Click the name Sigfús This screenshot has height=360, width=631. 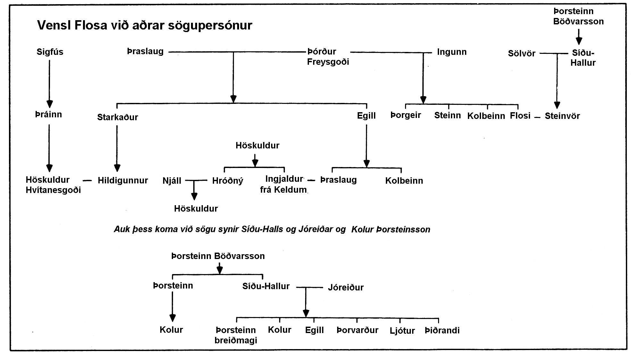(x=50, y=52)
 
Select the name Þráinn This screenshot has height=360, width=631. (x=48, y=114)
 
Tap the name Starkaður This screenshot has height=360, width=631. (x=118, y=117)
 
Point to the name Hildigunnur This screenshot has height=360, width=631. (x=123, y=180)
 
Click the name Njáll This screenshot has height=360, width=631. (x=172, y=181)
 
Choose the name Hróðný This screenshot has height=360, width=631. (x=228, y=181)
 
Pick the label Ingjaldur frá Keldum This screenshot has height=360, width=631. (x=284, y=184)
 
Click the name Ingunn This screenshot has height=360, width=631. (x=452, y=52)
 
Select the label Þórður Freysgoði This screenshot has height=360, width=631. (x=328, y=56)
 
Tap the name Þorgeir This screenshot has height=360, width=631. (x=406, y=115)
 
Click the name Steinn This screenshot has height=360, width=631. (x=448, y=115)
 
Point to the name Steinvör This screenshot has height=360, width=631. (x=562, y=116)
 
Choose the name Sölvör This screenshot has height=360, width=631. (x=522, y=53)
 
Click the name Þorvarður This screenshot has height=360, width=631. (x=358, y=330)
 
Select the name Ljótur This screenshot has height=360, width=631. (x=403, y=331)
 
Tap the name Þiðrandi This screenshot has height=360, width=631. (x=442, y=330)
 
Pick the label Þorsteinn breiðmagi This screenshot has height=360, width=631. (x=236, y=335)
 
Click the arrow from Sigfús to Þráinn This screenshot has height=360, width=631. (x=49, y=84)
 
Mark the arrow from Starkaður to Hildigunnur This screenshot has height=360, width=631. (x=117, y=148)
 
